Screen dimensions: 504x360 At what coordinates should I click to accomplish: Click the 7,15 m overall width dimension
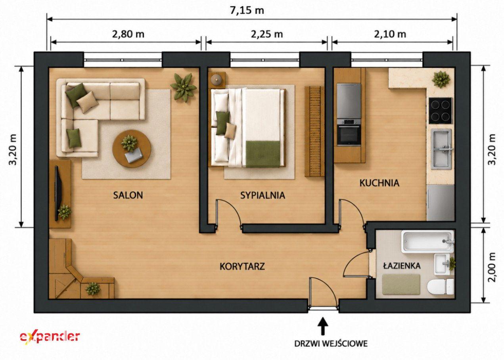(247, 11)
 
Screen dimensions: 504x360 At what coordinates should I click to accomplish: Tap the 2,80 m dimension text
(128, 34)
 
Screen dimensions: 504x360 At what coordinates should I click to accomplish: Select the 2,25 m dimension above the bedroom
(266, 34)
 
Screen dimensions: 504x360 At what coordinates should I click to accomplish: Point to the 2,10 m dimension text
(390, 34)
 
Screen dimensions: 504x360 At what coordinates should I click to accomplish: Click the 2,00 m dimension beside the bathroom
(492, 267)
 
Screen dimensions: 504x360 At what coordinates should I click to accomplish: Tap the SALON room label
(128, 195)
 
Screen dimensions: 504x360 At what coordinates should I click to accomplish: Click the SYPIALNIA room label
(263, 195)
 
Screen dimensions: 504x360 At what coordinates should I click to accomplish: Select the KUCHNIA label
(379, 183)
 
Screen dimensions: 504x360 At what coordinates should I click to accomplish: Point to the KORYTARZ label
(242, 266)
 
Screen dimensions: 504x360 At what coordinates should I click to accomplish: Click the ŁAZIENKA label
(402, 266)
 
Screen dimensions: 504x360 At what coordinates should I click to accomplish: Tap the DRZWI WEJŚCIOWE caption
(331, 344)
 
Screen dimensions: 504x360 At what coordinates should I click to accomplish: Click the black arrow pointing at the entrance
(323, 326)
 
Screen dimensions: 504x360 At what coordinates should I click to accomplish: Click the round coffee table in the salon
(132, 149)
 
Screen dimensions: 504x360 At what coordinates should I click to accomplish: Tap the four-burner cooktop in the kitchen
(440, 111)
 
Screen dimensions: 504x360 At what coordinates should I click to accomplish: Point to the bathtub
(427, 241)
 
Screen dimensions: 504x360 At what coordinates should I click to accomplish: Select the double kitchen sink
(441, 149)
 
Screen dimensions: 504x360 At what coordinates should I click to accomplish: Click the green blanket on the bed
(263, 154)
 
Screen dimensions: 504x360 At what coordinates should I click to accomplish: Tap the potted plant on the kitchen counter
(441, 79)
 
